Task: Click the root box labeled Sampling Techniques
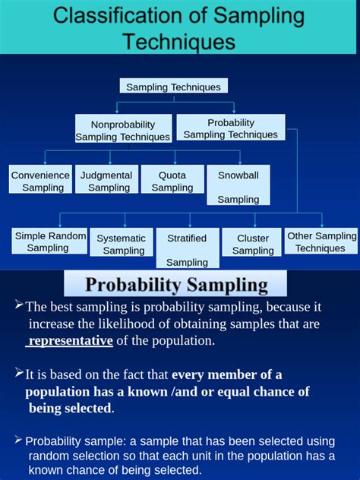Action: [173, 87]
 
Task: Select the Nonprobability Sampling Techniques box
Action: [123, 130]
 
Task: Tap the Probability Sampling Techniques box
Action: [231, 128]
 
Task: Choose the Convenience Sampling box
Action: [41, 180]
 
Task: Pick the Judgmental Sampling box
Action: [107, 180]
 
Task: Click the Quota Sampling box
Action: [172, 180]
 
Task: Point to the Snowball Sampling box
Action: [238, 186]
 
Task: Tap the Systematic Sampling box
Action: [122, 244]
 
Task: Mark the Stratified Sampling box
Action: [188, 248]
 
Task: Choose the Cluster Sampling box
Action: [253, 244]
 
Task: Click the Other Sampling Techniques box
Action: [321, 242]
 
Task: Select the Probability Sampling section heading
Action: [176, 286]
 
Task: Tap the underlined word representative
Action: [71, 341]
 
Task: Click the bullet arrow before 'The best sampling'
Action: [19, 305]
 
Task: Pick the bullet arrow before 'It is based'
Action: [19, 372]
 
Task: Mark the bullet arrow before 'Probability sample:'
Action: [19, 440]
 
